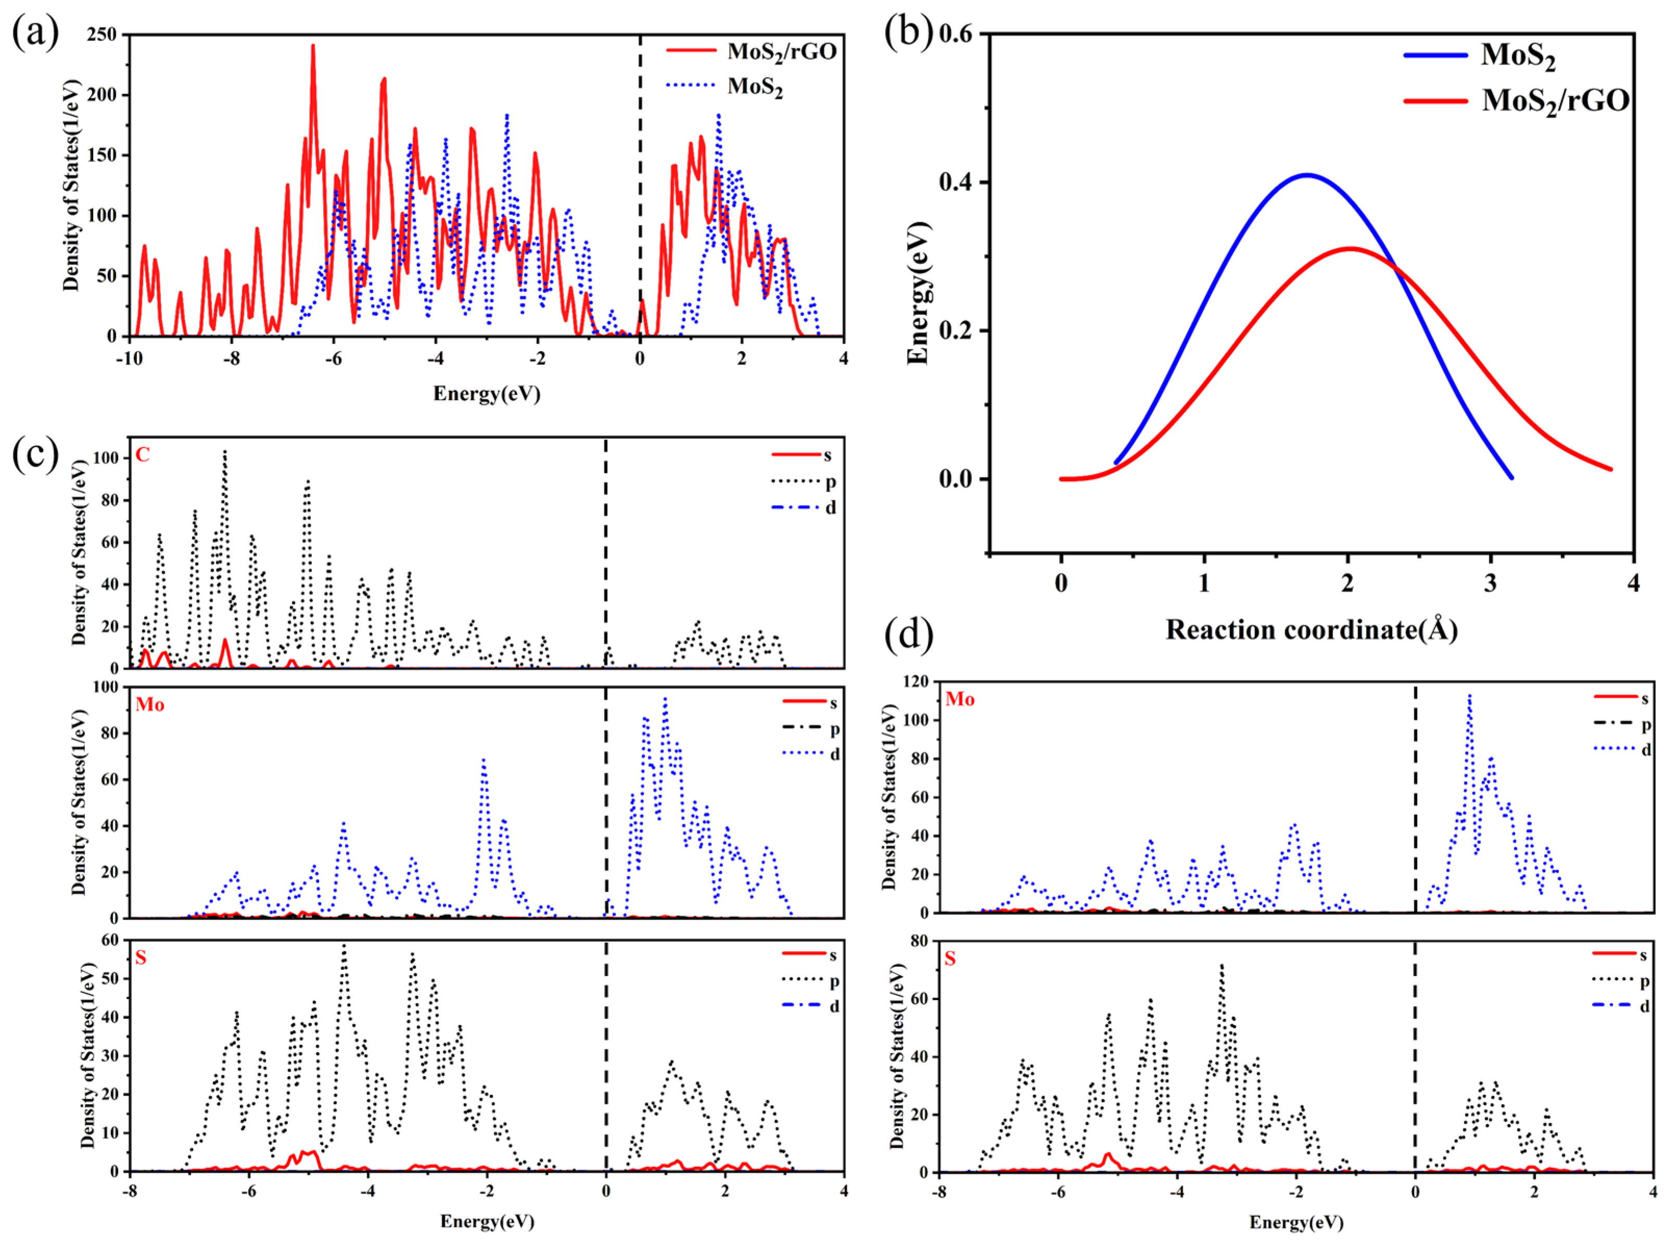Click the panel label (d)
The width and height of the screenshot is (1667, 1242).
tap(908, 633)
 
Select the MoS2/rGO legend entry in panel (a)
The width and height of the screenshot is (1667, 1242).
tap(781, 51)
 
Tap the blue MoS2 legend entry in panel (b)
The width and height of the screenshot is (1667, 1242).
tap(1517, 56)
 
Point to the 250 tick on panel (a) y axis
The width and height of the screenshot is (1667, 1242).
tap(102, 34)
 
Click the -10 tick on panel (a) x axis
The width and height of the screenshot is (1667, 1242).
tap(129, 358)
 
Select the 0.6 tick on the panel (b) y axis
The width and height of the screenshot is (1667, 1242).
tap(956, 34)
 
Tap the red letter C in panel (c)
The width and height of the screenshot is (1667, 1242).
tap(142, 455)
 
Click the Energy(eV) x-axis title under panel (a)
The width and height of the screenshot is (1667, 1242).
tap(487, 393)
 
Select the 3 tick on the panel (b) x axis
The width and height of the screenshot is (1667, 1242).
tap(1490, 583)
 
